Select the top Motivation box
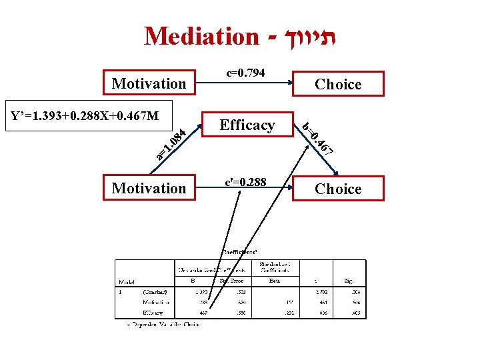coord(149,83)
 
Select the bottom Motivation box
coord(149,188)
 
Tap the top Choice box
coord(338,84)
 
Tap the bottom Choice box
coord(338,189)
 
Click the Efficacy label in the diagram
coord(247,125)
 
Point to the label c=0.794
coord(246,72)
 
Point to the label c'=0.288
coord(246,181)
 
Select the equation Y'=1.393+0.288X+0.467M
coord(85,117)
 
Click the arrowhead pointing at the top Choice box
coord(290,84)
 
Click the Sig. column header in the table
coord(350,281)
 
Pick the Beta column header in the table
coord(275,281)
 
